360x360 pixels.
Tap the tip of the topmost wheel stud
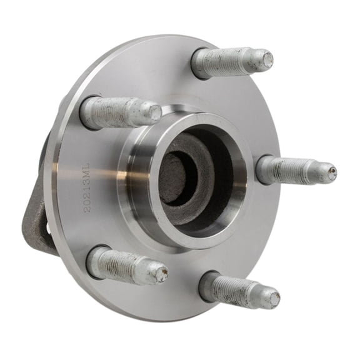267,59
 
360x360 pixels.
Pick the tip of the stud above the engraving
154,112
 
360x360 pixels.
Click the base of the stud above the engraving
87,112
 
